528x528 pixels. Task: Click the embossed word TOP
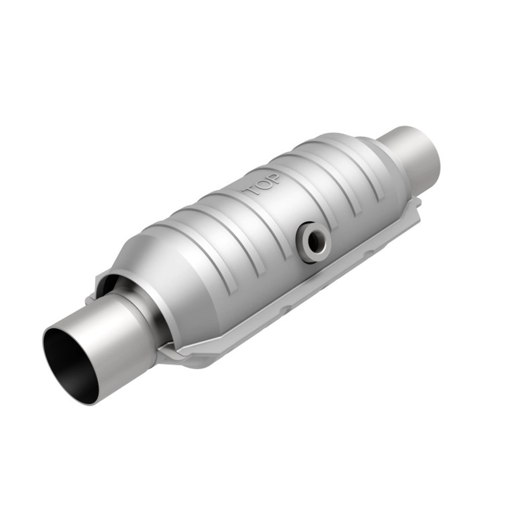tap(262, 186)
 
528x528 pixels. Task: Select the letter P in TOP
tap(274, 179)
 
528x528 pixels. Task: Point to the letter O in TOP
tap(262, 186)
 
